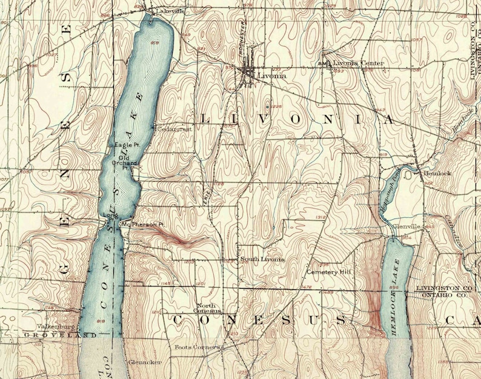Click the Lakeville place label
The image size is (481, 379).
tap(170, 12)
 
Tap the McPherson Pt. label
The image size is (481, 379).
tap(143, 224)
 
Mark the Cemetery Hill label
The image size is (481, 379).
tap(329, 272)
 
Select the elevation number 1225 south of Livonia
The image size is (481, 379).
tap(277, 107)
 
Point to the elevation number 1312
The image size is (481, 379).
tap(321, 217)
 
